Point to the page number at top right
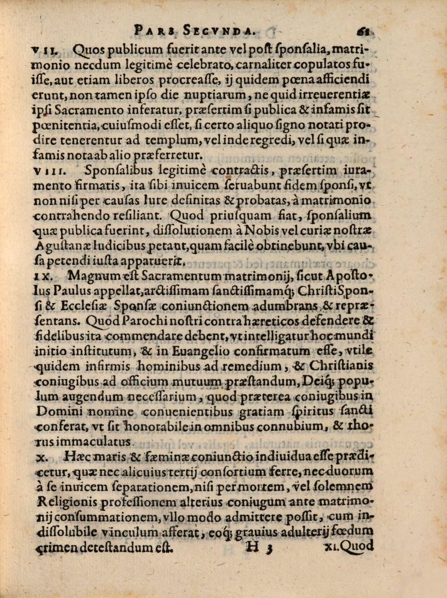[x=362, y=31]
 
